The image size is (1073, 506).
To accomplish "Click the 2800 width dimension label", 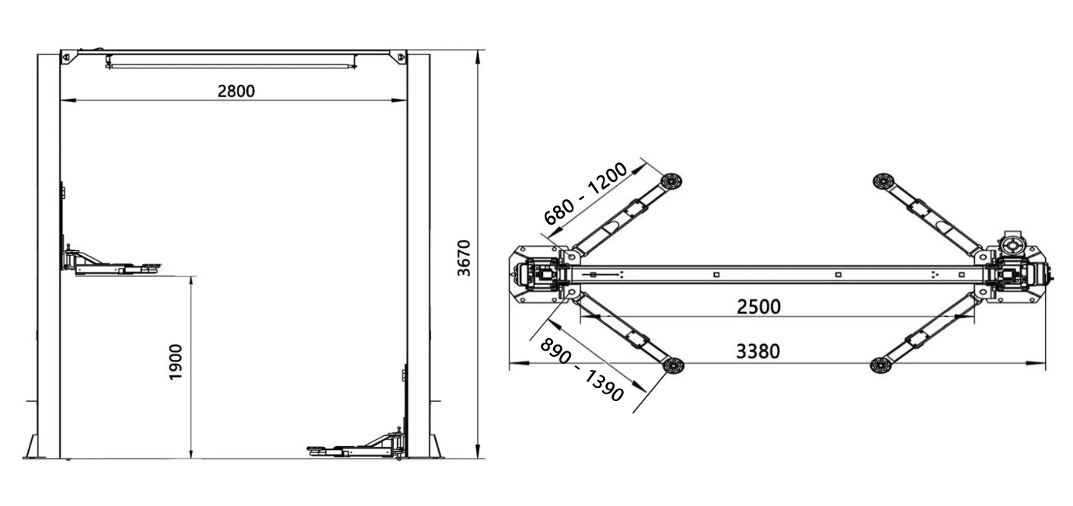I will [236, 91].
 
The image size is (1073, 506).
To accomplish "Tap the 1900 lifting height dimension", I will [176, 361].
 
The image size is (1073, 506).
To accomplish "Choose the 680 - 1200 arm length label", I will [585, 194].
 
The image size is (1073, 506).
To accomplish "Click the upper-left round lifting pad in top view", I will [671, 181].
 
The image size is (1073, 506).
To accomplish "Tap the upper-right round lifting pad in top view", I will [882, 181].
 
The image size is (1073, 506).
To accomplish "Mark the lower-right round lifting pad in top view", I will [881, 365].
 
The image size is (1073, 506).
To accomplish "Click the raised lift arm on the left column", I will [113, 264].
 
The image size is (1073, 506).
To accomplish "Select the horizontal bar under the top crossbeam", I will [232, 66].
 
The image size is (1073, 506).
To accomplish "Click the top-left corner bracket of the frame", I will [68, 56].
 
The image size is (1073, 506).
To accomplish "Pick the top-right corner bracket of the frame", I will [400, 56].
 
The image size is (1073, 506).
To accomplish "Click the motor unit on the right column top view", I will [1015, 246].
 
